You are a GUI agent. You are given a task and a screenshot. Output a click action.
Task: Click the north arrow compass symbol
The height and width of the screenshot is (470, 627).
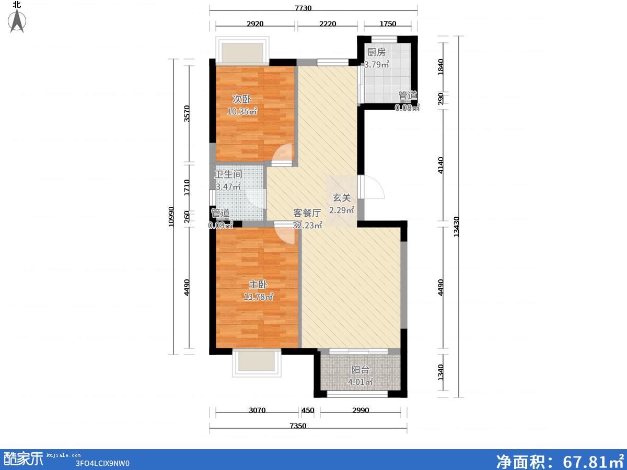[17, 20]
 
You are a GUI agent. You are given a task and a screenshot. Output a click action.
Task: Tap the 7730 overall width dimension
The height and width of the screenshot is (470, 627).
[303, 8]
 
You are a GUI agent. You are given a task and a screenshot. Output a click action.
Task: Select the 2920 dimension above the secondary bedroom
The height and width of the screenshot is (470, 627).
[255, 23]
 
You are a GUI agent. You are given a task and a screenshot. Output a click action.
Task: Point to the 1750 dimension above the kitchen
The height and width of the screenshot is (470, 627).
[388, 23]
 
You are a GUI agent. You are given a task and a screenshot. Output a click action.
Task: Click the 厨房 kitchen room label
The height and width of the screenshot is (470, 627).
[376, 52]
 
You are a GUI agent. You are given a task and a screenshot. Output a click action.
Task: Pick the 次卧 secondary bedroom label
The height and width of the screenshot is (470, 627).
[241, 99]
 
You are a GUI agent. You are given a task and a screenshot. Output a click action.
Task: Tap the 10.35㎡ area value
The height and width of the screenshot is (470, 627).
[242, 111]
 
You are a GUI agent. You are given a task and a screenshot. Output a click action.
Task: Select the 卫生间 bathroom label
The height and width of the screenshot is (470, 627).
[228, 174]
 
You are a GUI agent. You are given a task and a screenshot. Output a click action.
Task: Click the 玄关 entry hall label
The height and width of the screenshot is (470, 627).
[341, 198]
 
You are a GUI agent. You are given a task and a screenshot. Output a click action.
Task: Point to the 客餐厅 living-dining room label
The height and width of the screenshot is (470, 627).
[307, 213]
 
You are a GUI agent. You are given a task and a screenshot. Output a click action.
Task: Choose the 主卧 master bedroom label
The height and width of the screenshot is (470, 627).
[258, 285]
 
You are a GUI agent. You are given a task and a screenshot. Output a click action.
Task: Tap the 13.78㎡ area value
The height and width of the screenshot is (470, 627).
[258, 297]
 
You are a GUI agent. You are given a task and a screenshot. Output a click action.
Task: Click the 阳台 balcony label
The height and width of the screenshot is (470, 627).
[360, 370]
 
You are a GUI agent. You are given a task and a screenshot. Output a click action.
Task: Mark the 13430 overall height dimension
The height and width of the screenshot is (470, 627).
[456, 227]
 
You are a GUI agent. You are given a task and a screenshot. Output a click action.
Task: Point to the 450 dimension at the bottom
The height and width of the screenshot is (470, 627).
[308, 410]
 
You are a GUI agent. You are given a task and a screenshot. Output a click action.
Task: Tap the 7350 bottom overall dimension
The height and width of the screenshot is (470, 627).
[298, 426]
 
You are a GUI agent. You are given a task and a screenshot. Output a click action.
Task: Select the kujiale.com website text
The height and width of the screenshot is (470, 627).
[63, 455]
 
